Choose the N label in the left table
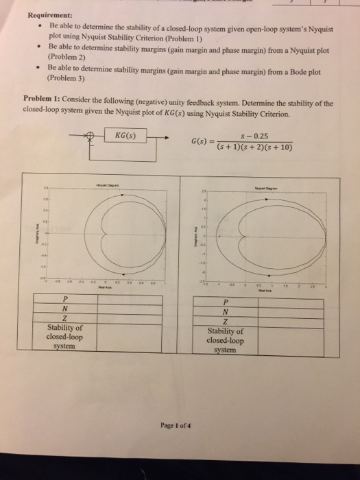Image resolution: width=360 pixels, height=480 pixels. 64,308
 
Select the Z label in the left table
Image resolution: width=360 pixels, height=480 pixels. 64,318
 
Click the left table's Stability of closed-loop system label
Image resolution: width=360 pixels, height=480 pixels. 64,337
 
